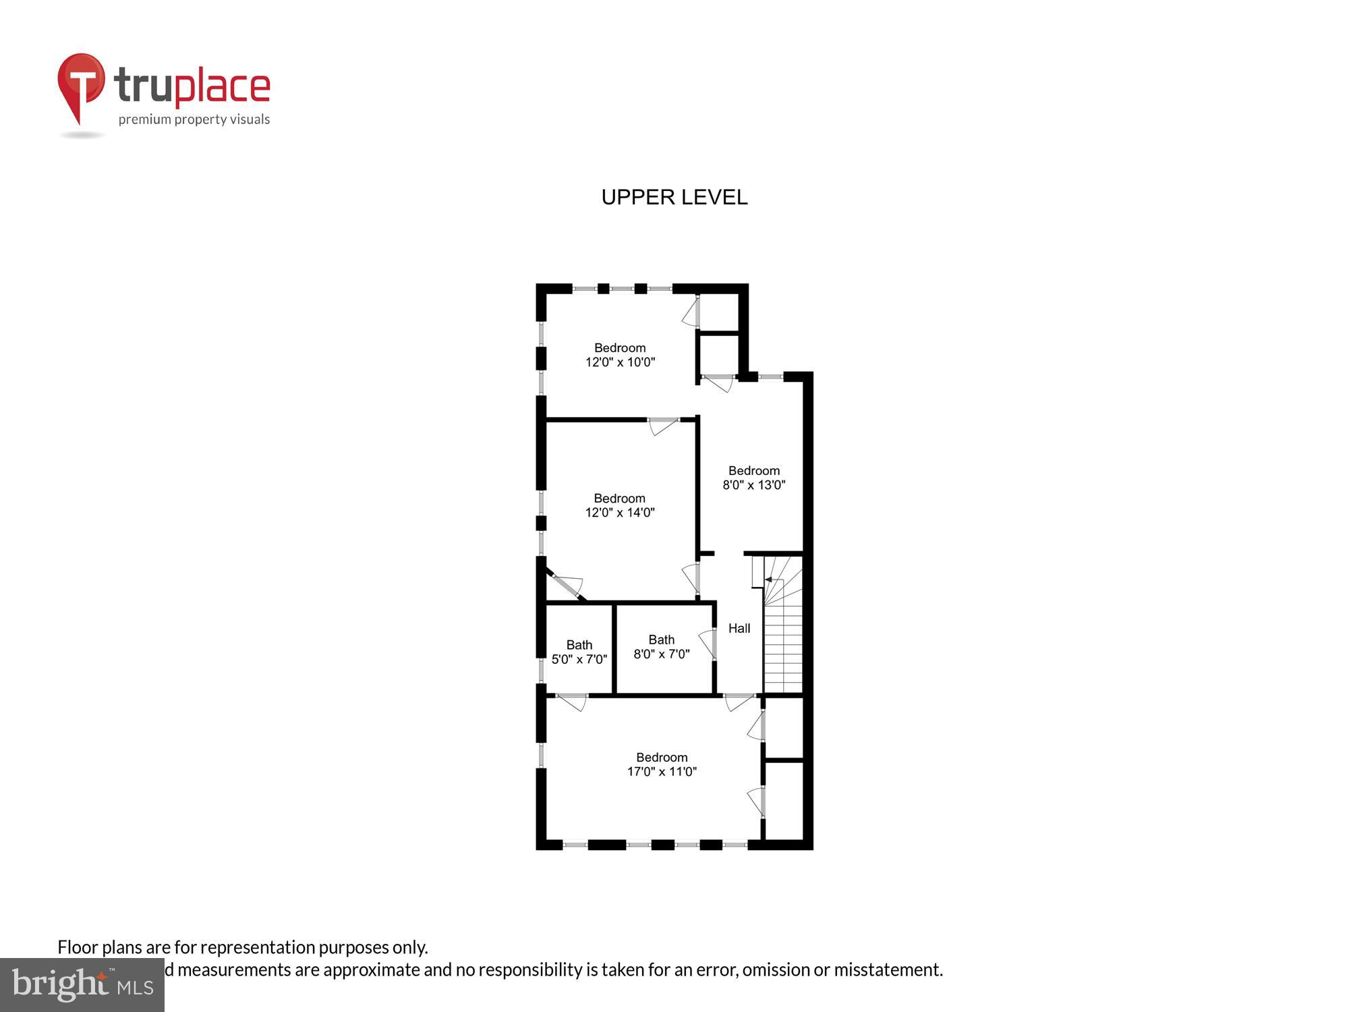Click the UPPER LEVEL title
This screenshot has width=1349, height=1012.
pyautogui.click(x=674, y=197)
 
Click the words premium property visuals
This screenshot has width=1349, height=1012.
pyautogui.click(x=194, y=120)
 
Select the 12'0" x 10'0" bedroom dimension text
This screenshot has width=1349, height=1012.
pyautogui.click(x=620, y=362)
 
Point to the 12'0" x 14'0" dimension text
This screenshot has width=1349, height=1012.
pyautogui.click(x=619, y=513)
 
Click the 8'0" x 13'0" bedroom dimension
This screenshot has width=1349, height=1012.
pyautogui.click(x=753, y=485)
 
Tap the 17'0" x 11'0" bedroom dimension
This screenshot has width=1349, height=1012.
pyautogui.click(x=662, y=772)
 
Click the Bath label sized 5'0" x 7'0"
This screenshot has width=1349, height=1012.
pyautogui.click(x=579, y=645)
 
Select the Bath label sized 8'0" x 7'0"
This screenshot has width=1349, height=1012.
pyautogui.click(x=662, y=640)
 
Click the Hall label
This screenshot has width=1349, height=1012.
pyautogui.click(x=739, y=628)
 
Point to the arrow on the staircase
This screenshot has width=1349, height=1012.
pyautogui.click(x=769, y=580)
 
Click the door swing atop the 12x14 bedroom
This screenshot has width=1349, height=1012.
pyautogui.click(x=663, y=426)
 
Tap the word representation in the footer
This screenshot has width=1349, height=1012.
pyautogui.click(x=257, y=947)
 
